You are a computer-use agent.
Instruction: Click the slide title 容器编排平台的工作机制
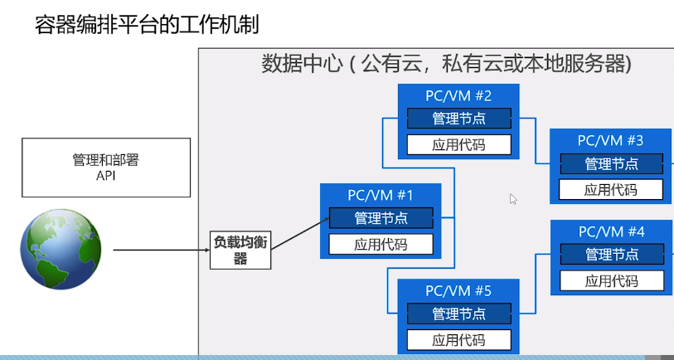pyautogui.click(x=147, y=25)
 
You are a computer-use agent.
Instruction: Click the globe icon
pyautogui.click(x=61, y=250)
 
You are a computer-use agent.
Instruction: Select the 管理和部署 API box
pyautogui.click(x=104, y=167)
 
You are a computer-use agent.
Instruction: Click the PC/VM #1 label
pyautogui.click(x=381, y=196)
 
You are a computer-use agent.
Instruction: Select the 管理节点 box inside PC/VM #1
pyautogui.click(x=381, y=218)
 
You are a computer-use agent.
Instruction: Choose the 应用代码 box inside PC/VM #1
pyautogui.click(x=381, y=244)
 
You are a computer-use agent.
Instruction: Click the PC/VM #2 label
pyautogui.click(x=458, y=95)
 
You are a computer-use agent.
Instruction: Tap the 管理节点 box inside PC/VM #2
pyautogui.click(x=458, y=119)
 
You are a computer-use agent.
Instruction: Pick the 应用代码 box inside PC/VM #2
pyautogui.click(x=458, y=145)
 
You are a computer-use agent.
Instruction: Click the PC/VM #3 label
pyautogui.click(x=611, y=140)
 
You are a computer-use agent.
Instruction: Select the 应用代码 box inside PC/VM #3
pyautogui.click(x=611, y=189)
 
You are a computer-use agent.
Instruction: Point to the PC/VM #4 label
pyautogui.click(x=611, y=231)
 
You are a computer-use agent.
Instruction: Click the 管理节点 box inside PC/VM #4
pyautogui.click(x=611, y=254)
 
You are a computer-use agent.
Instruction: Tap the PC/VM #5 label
pyautogui.click(x=458, y=290)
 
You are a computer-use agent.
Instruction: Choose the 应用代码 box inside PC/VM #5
pyautogui.click(x=458, y=339)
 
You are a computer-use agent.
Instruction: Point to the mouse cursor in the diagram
pyautogui.click(x=513, y=199)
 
